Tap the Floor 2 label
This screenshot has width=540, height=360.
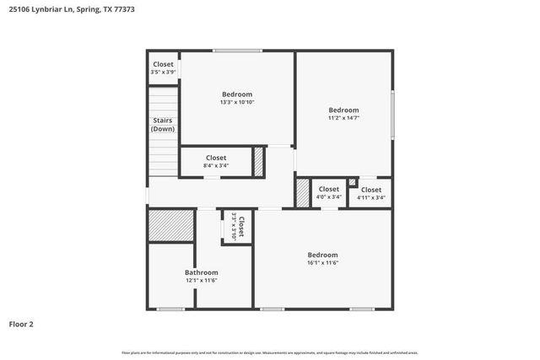[22, 324]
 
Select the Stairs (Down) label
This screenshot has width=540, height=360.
[163, 125]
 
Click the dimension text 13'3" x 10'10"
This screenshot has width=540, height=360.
[237, 102]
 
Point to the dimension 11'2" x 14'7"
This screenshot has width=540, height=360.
[343, 118]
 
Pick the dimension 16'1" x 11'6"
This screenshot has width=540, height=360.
[322, 263]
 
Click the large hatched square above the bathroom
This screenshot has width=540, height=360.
[171, 226]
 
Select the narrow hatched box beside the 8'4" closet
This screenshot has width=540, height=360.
[259, 162]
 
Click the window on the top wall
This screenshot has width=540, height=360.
[237, 51]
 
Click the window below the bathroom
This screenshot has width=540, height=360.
[171, 309]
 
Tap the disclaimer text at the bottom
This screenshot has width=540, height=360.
[270, 352]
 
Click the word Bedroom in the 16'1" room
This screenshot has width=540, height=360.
[322, 255]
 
